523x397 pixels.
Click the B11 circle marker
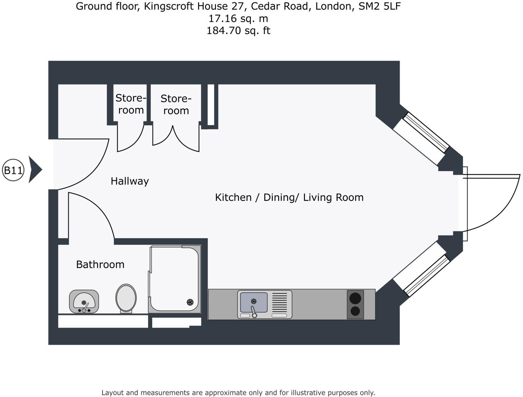pyautogui.click(x=13, y=170)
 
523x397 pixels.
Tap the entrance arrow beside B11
pyautogui.click(x=35, y=170)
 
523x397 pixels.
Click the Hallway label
pyautogui.click(x=130, y=181)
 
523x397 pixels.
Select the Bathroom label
pyautogui.click(x=100, y=265)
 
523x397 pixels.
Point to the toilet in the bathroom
pyautogui.click(x=126, y=298)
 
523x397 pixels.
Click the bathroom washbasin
pyautogui.click(x=84, y=301)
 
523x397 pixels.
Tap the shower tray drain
pyautogui.click(x=190, y=302)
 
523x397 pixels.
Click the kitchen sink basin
pyautogui.click(x=254, y=302)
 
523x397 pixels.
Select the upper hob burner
pyautogui.click(x=355, y=298)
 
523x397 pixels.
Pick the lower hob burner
pyautogui.click(x=355, y=311)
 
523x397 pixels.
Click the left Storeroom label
pyautogui.click(x=131, y=104)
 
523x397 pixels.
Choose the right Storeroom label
pyautogui.click(x=176, y=105)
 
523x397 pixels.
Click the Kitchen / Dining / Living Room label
pyautogui.click(x=289, y=197)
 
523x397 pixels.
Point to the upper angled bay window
pyautogui.click(x=426, y=132)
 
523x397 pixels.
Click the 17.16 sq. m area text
pyautogui.click(x=238, y=18)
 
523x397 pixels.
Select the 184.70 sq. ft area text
pyautogui.click(x=238, y=31)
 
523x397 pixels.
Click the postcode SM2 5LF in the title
pyautogui.click(x=379, y=6)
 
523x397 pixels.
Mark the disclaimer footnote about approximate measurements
pyautogui.click(x=238, y=393)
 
